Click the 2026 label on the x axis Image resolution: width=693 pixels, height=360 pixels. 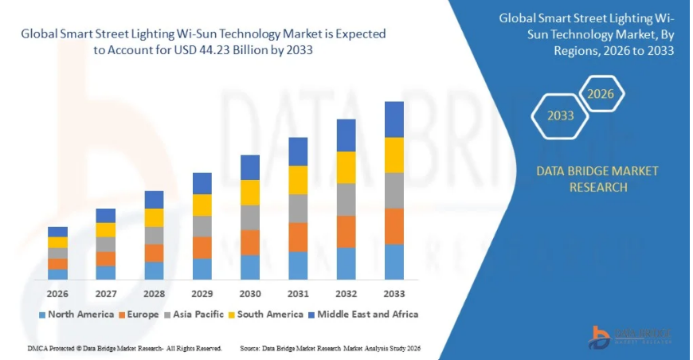point(57,294)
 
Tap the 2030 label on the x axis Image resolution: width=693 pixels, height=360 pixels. point(250,294)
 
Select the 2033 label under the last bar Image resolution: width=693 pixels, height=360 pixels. point(394,294)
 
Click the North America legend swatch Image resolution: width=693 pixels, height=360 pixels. point(42,315)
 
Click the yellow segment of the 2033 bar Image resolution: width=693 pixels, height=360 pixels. point(394,155)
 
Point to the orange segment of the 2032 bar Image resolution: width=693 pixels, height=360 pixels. point(346,232)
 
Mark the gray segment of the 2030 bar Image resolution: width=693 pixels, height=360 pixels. point(250,217)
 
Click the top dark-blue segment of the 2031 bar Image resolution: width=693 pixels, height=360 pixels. point(298,151)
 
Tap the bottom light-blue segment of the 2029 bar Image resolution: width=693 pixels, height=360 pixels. point(202,269)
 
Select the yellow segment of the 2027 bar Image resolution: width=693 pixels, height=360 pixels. point(106,229)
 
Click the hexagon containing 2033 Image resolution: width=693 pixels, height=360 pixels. point(560,116)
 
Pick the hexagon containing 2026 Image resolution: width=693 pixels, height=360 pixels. point(601,94)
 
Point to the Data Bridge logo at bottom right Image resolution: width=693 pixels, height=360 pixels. point(629,335)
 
